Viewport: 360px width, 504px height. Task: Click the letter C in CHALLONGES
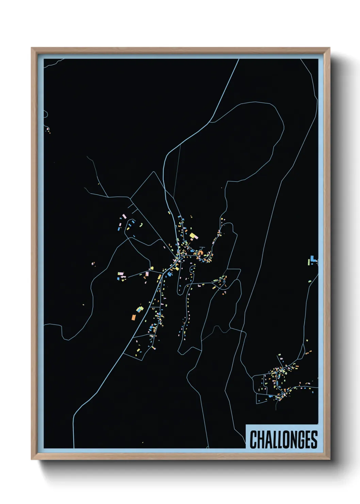click(253, 439)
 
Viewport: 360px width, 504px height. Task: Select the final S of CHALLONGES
click(314, 439)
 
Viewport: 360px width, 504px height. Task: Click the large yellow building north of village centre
click(193, 236)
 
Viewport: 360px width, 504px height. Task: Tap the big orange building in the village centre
click(200, 253)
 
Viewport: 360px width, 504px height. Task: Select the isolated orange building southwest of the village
click(134, 317)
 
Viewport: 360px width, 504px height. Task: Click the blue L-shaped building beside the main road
click(169, 273)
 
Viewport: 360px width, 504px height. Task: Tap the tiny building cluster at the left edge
click(48, 129)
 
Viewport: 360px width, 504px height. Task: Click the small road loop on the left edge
click(46, 114)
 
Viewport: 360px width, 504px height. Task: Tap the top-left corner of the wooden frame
click(32, 48)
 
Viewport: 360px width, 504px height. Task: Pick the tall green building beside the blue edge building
click(309, 262)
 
